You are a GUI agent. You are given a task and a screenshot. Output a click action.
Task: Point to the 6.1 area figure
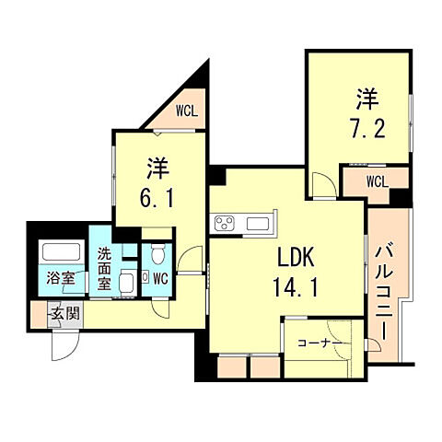point(157,197)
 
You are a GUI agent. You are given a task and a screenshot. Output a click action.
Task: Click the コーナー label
point(319,343)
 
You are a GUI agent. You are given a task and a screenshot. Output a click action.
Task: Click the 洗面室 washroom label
point(106,270)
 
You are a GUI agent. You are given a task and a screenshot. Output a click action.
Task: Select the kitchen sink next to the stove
point(257,224)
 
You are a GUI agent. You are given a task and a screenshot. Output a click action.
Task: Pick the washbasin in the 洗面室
point(127,284)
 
